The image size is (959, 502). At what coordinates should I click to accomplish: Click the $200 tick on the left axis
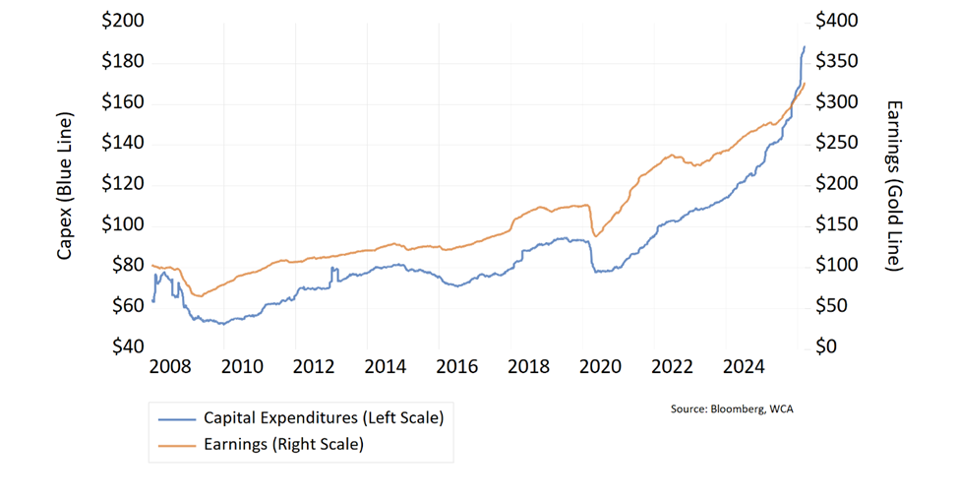[121, 21]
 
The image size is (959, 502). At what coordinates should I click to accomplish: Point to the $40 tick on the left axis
[125, 346]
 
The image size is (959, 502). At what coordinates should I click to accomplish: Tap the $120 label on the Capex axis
[121, 184]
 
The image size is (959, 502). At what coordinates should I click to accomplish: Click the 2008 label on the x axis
[170, 368]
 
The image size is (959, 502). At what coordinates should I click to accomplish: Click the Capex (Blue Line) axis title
[65, 184]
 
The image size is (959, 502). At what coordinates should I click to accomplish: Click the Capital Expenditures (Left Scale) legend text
[324, 418]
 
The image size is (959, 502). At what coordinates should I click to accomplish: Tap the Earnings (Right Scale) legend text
[283, 444]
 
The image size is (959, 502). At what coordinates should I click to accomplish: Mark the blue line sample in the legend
[175, 418]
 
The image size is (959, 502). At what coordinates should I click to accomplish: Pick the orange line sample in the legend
[175, 444]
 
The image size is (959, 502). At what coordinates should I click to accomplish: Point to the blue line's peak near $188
[804, 46]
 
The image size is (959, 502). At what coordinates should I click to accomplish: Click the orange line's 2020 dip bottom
[594, 236]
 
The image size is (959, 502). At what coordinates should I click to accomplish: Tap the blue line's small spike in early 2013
[334, 268]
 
